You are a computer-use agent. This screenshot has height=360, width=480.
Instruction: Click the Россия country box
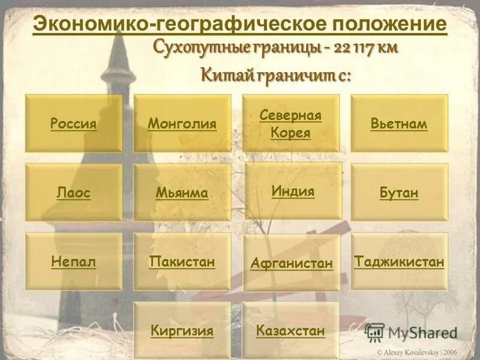coord(73,124)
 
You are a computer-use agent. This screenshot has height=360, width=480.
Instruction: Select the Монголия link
coord(182,124)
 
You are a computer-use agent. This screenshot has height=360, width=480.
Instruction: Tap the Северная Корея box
coord(290,124)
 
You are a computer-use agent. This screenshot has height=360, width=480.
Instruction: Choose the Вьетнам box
coord(399,124)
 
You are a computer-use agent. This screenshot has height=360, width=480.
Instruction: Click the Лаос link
coord(73,193)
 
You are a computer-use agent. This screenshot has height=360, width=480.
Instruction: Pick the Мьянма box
coord(182,193)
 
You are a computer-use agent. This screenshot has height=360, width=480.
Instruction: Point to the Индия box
coord(293,191)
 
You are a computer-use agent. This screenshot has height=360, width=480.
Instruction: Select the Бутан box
coord(399,193)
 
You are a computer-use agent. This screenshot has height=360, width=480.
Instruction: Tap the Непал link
coord(73,262)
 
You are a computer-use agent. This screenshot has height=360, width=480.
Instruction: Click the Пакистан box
coord(182,262)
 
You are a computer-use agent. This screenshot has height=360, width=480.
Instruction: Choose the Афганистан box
coord(292,263)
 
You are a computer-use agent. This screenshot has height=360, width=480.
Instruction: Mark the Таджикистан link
coord(399,262)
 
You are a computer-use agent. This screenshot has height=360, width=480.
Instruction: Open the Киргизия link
coord(182,331)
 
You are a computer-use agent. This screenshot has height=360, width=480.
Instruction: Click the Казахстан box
coord(290,331)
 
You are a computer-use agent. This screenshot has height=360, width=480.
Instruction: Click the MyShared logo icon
coord(375,332)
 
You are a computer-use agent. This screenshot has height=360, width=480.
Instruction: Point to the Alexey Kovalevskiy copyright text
coord(422,352)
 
